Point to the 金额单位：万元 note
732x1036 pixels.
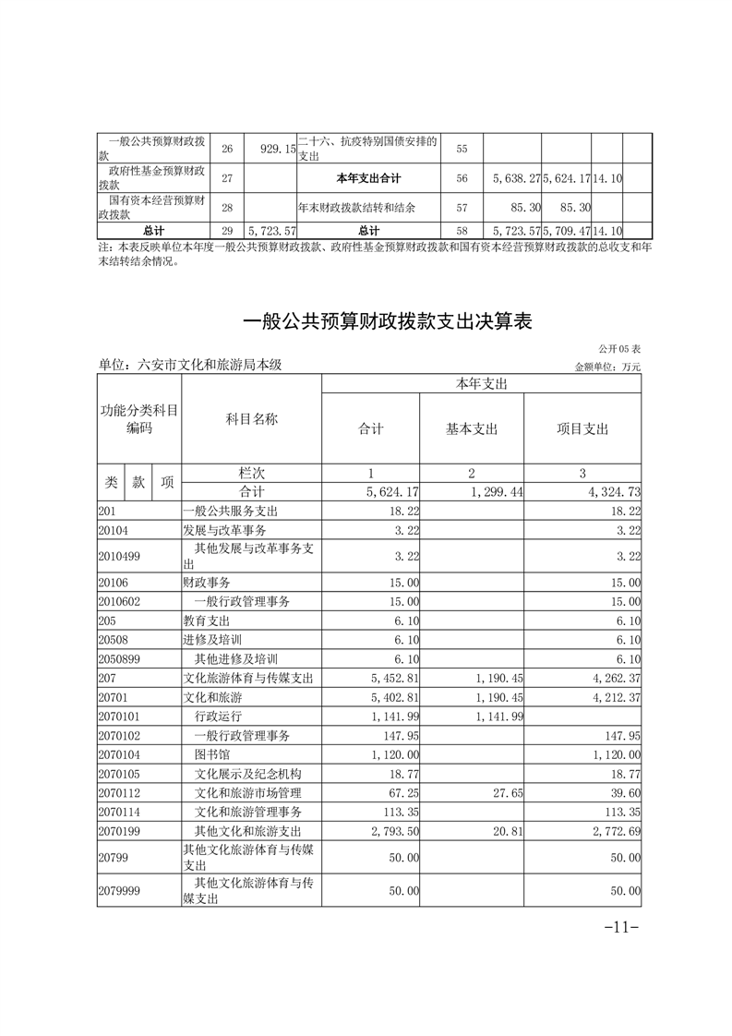pyautogui.click(x=607, y=367)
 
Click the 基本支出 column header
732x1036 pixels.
pyautogui.click(x=472, y=428)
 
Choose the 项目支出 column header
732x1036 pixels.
pyautogui.click(x=582, y=428)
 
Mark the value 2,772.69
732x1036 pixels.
pyautogui.click(x=612, y=832)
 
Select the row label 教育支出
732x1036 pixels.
pyautogui.click(x=207, y=620)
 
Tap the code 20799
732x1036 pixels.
pyautogui.click(x=113, y=858)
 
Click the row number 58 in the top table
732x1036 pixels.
pyautogui.click(x=462, y=230)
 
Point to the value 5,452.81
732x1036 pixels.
pyautogui.click(x=394, y=679)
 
